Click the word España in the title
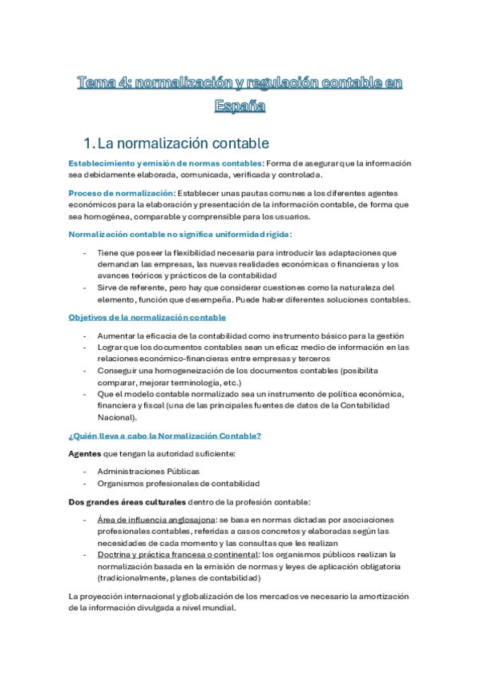(240, 105)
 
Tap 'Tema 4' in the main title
(102, 83)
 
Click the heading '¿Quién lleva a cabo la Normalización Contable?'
(164, 436)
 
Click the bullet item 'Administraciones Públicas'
(148, 472)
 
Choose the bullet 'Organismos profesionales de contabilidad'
(179, 483)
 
